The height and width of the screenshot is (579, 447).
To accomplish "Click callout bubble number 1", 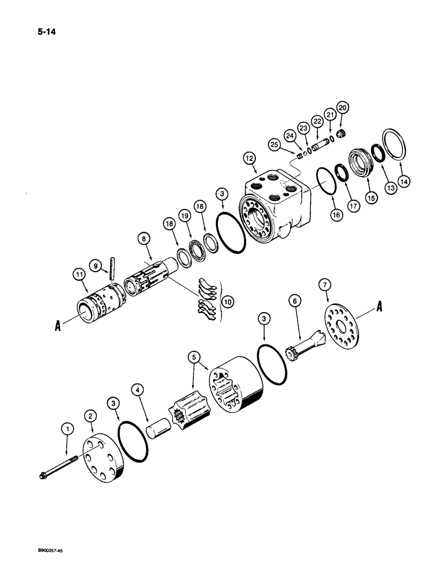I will (68, 429).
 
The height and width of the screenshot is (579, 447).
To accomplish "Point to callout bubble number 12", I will (248, 157).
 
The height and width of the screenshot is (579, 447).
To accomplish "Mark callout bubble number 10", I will (230, 302).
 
